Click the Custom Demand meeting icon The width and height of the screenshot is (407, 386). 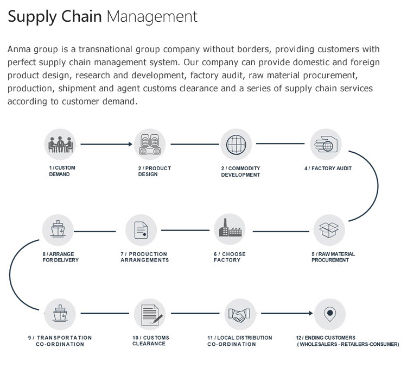coord(59,145)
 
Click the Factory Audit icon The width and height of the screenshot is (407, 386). coord(326,145)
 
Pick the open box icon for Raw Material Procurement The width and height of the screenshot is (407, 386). coord(329,231)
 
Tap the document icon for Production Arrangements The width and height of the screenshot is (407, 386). coord(141,231)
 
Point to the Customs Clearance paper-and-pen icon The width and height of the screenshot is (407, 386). coord(150,314)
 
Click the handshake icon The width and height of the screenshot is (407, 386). coord(239,314)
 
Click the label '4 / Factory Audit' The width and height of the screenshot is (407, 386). coord(328,169)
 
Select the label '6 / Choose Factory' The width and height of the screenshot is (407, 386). coord(230,257)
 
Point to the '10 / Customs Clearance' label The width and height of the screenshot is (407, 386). coord(151,341)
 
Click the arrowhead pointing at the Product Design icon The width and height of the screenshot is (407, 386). coord(130,145)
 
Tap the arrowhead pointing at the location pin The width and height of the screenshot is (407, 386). coord(311,314)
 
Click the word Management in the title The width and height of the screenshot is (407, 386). coord(152,16)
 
